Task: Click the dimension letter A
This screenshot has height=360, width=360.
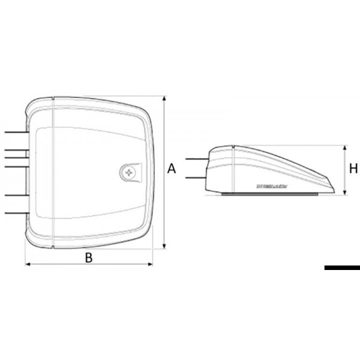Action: click(172, 170)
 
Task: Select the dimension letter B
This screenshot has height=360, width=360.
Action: click(89, 257)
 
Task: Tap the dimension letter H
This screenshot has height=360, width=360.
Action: click(354, 169)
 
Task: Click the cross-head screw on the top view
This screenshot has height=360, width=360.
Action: click(129, 173)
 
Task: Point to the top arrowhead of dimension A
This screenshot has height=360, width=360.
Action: click(164, 97)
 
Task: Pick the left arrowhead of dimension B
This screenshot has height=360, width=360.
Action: click(26, 263)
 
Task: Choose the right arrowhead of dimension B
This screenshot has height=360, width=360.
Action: click(152, 263)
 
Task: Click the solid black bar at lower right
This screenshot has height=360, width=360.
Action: click(341, 268)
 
